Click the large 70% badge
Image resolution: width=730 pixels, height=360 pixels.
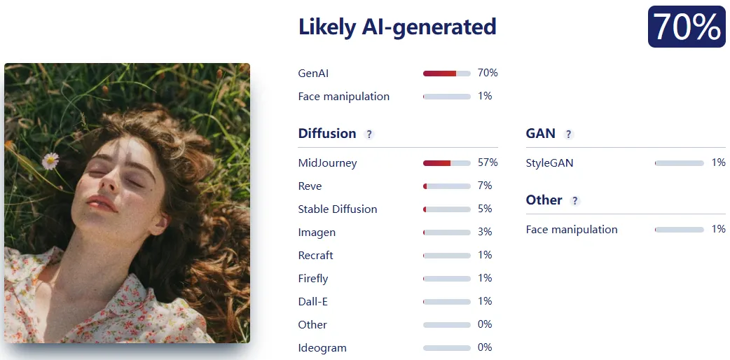coord(687,27)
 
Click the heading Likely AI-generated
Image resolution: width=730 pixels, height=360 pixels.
coord(397,27)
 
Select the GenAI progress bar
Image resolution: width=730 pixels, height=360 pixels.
coord(446,73)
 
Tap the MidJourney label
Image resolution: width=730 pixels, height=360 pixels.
coord(327,163)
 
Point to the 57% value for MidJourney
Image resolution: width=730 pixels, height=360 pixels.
coord(488,162)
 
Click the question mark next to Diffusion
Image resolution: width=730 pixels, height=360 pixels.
coord(369,134)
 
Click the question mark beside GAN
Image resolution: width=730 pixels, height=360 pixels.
coord(568,134)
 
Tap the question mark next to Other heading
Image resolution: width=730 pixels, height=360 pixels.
coord(575,201)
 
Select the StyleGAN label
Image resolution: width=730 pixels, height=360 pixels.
coord(549,163)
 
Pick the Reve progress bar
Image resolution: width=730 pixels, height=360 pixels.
coord(446,186)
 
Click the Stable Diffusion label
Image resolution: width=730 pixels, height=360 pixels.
coord(338,209)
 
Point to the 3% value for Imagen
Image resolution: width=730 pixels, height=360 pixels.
coord(485,232)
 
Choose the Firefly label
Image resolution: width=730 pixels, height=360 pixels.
coord(313,279)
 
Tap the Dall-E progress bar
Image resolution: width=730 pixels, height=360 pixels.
coord(446,302)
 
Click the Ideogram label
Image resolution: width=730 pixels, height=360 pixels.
coord(322,348)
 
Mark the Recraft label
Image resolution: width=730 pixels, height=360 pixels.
coord(316,255)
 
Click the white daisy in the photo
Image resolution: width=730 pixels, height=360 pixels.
coord(50,161)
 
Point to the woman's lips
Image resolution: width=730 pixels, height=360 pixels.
coord(102,203)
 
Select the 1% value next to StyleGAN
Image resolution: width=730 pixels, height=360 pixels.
coord(718,162)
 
